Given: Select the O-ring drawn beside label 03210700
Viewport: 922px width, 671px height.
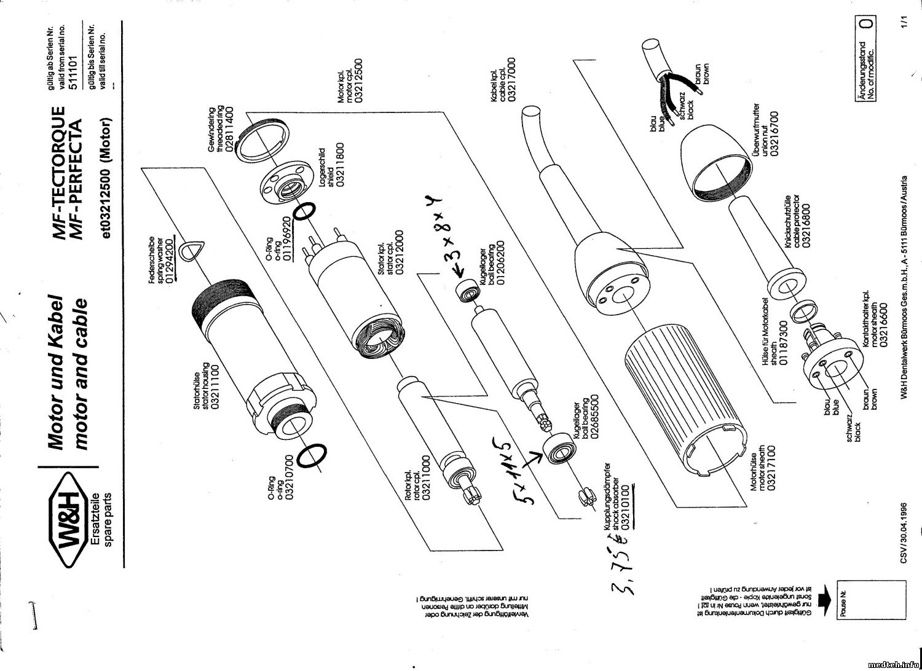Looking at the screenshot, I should [x=312, y=457].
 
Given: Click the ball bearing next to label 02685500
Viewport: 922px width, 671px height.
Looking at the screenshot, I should [x=558, y=449].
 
